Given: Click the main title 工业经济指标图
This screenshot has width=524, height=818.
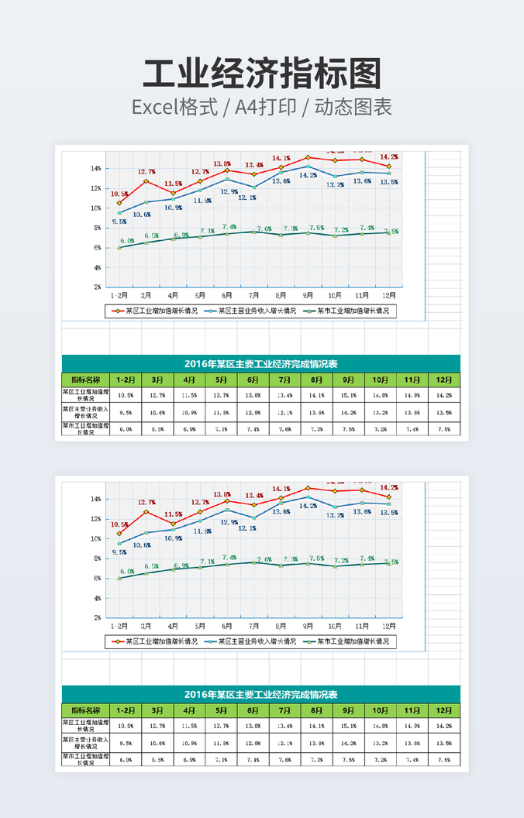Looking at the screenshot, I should [x=262, y=74].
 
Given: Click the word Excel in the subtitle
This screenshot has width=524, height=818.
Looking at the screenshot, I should [x=156, y=108].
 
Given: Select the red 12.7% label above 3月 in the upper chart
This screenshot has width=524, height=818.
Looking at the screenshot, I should [x=147, y=171].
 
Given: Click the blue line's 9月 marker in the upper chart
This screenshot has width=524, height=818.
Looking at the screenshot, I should [x=308, y=167].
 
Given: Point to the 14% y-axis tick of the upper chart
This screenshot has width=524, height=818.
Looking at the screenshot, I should [x=96, y=168].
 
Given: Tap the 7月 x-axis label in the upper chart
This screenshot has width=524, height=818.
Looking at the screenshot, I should [x=253, y=295].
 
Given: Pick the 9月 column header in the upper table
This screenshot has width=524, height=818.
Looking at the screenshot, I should [x=348, y=380].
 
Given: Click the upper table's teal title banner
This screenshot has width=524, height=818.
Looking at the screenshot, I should [x=260, y=363].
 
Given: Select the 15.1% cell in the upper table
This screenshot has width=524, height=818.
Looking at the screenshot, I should [x=348, y=395].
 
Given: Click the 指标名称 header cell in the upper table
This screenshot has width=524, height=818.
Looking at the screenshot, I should [x=85, y=380].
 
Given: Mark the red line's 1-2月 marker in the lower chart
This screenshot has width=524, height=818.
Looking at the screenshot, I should [x=119, y=534].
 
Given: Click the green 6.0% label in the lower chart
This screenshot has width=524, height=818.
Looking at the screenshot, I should [x=126, y=572].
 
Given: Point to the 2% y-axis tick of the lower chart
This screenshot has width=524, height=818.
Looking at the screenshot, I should [x=97, y=618].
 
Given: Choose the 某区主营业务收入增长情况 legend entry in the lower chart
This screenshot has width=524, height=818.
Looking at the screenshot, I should [x=252, y=641].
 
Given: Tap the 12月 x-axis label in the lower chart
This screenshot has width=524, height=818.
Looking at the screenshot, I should [x=388, y=626].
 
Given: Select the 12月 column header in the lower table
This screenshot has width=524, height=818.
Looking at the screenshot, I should [x=443, y=710].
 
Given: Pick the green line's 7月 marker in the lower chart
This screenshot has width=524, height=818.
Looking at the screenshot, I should [x=253, y=562].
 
